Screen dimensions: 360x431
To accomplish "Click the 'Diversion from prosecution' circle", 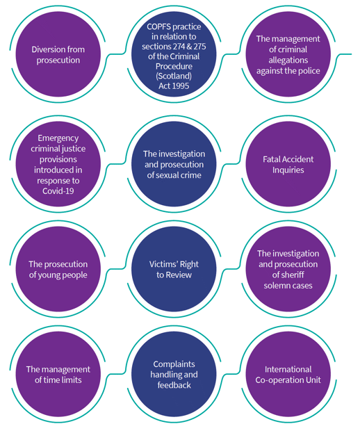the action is [x=58, y=54].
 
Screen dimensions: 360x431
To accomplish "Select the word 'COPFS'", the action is [x=158, y=26].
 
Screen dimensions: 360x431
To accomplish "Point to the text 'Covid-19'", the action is [x=58, y=191].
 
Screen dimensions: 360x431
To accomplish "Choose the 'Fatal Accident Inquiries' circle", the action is [x=288, y=164].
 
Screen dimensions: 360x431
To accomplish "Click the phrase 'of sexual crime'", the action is [x=174, y=175].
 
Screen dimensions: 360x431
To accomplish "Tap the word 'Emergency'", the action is [x=58, y=138].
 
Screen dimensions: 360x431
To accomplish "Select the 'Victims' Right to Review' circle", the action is [x=174, y=269].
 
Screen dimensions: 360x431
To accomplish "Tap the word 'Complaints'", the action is [x=174, y=364].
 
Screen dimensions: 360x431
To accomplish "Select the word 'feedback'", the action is [x=174, y=385].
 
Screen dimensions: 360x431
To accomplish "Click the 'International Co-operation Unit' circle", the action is [x=288, y=374].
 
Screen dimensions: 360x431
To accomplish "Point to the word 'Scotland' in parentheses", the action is [x=174, y=76].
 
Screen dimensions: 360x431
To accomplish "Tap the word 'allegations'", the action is [x=288, y=60].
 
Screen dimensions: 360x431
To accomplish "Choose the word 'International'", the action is [x=288, y=369].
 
